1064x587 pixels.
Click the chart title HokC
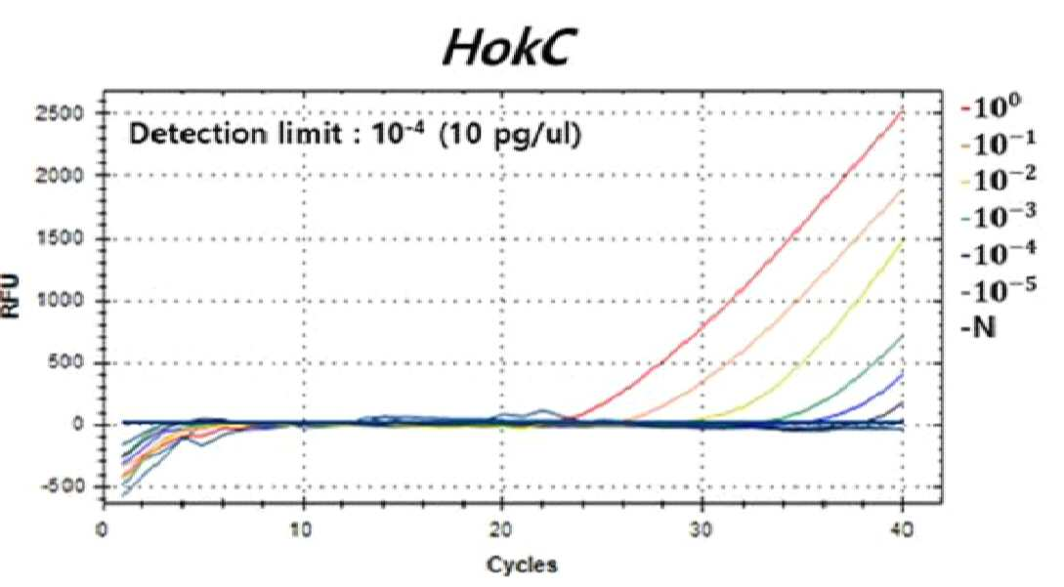pos(506,48)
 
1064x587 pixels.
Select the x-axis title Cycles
pos(522,564)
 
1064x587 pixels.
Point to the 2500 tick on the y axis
pos(60,112)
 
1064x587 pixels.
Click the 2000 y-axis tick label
pos(60,175)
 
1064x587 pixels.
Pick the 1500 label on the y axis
pos(60,238)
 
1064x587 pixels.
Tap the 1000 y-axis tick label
pos(60,300)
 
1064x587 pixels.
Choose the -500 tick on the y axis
pos(63,485)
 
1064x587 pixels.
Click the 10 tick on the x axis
pos(302,529)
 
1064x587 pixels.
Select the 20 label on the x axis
pos(501,529)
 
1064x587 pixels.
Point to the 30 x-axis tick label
pos(702,529)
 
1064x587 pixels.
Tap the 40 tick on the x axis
pos(902,529)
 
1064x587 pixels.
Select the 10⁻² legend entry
pos(999,180)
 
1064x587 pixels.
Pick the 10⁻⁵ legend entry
pos(999,290)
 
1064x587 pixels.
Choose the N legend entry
pos(978,328)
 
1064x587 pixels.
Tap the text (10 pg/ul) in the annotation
pos(510,135)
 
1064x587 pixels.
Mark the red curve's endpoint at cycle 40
pos(902,110)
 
